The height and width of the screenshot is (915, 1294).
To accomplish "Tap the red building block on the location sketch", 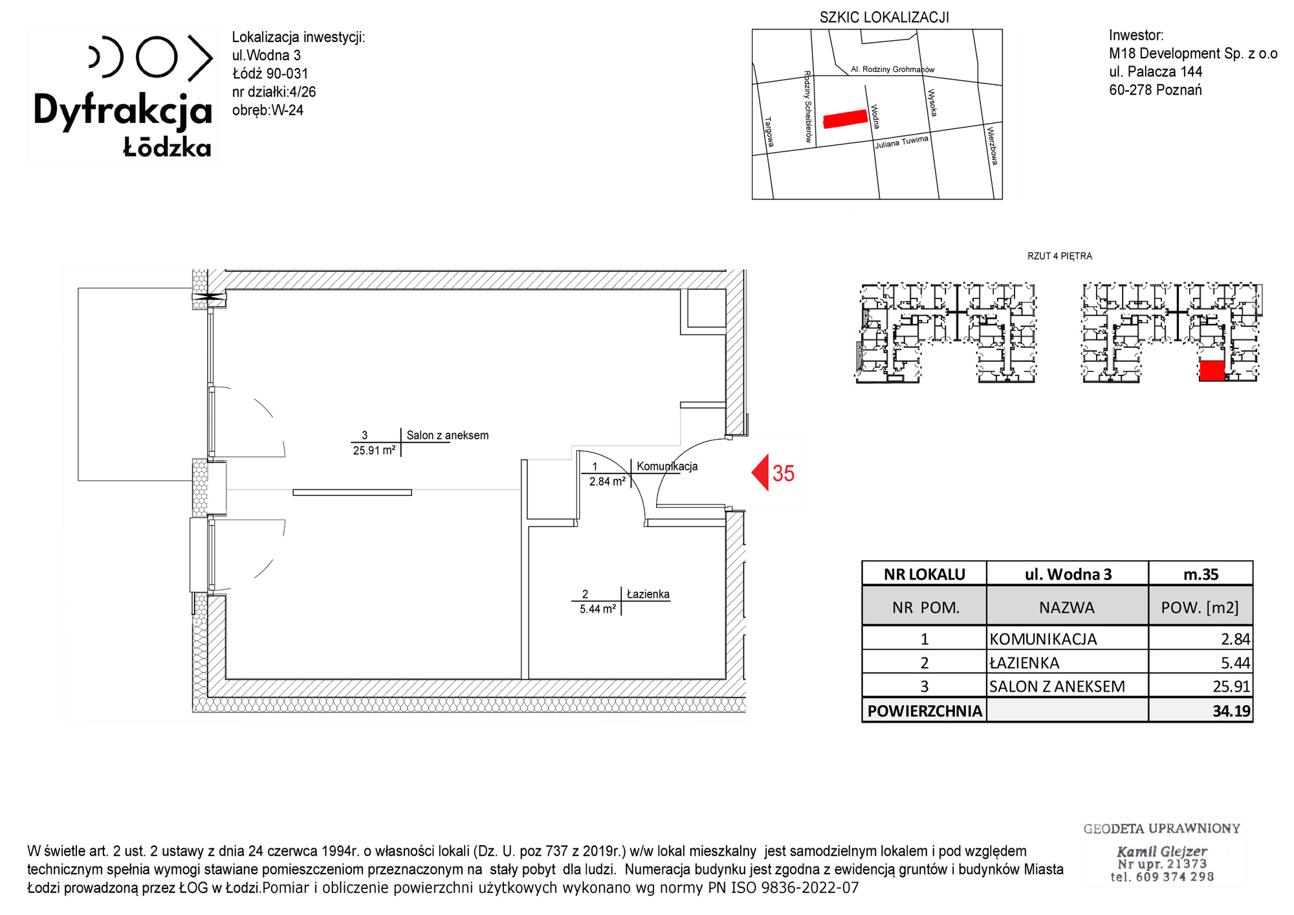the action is tap(845, 119).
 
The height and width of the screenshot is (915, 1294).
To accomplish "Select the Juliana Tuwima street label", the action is tap(902, 142).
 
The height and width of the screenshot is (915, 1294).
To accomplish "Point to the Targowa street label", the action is tap(769, 131).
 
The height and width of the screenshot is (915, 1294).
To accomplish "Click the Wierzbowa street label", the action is tap(992, 146).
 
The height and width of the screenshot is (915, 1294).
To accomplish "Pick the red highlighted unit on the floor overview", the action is tap(1212, 370).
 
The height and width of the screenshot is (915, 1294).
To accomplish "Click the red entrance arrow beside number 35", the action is tap(760, 473).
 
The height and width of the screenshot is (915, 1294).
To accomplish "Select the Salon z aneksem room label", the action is tap(447, 435).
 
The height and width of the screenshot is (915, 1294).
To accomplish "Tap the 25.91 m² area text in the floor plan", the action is tap(374, 450).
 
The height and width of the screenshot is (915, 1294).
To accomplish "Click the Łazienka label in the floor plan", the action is tap(648, 594).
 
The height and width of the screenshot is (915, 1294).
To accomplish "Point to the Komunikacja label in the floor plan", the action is tap(667, 466).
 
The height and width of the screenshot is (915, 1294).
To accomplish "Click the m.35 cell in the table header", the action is tap(1201, 574).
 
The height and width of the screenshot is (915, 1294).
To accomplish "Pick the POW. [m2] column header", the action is tap(1201, 607).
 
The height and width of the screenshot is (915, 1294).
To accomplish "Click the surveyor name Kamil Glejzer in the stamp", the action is tap(1162, 852).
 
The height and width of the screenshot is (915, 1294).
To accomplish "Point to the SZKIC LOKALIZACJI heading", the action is tap(884, 17).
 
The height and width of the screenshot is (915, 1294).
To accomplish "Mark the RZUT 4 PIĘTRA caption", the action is tap(1060, 256).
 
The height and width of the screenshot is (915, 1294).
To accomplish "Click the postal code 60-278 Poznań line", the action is tap(1156, 90).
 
